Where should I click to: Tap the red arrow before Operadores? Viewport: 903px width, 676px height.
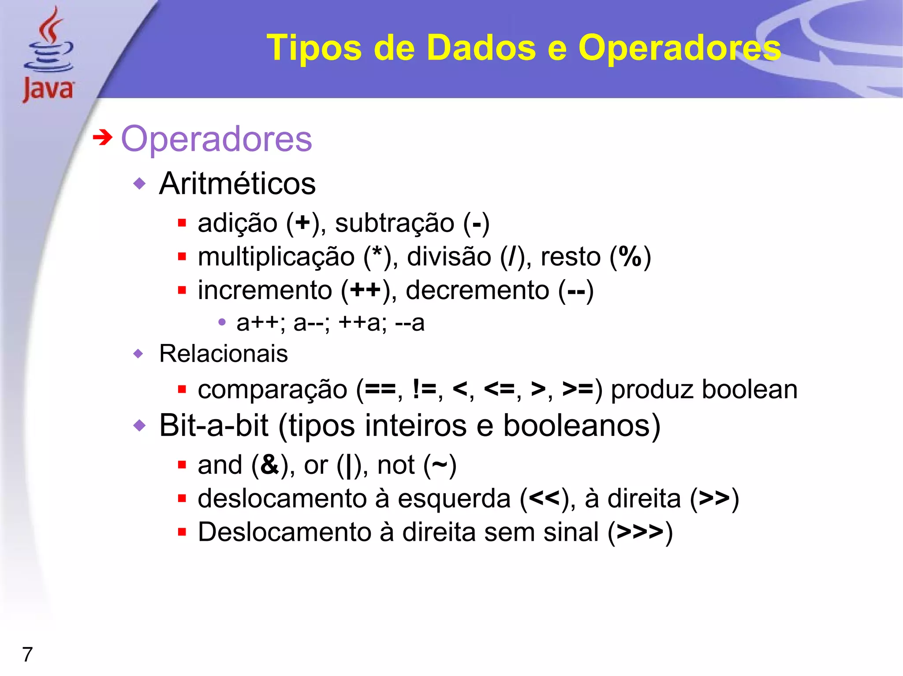pyautogui.click(x=102, y=138)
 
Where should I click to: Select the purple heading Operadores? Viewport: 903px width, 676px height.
pyautogui.click(x=216, y=139)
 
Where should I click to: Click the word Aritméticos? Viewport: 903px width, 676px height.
pyautogui.click(x=237, y=184)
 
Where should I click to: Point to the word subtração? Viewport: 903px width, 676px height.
pyautogui.click(x=394, y=223)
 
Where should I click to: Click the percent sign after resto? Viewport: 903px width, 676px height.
pyautogui.click(x=630, y=256)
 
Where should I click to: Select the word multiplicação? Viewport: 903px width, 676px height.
pyautogui.click(x=276, y=257)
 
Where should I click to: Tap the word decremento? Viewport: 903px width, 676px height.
pyautogui.click(x=478, y=290)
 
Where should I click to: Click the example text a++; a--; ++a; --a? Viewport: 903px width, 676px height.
pyautogui.click(x=330, y=323)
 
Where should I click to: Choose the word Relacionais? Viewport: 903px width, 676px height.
pyautogui.click(x=223, y=354)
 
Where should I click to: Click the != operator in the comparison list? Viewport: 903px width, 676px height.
pyautogui.click(x=424, y=389)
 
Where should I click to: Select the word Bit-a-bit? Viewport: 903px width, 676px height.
pyautogui.click(x=213, y=426)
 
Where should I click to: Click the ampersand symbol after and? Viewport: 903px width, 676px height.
pyautogui.click(x=269, y=465)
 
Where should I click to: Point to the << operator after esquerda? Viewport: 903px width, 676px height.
pyautogui.click(x=544, y=499)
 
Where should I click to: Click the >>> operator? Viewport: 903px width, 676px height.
pyautogui.click(x=640, y=532)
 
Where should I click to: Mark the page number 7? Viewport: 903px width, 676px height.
pyautogui.click(x=27, y=654)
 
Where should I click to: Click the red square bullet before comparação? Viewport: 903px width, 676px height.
pyautogui.click(x=182, y=389)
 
